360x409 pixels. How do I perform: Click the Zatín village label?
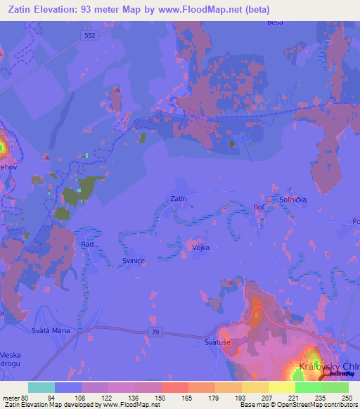[179, 199]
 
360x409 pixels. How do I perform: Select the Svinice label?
[134, 260]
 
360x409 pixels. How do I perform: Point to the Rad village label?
[87, 244]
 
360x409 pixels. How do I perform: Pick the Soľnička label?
[290, 199]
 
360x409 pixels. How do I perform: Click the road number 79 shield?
[155, 331]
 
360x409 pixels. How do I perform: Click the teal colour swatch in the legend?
[41, 387]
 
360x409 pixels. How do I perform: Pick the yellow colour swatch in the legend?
[282, 387]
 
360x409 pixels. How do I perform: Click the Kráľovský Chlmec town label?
[329, 367]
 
